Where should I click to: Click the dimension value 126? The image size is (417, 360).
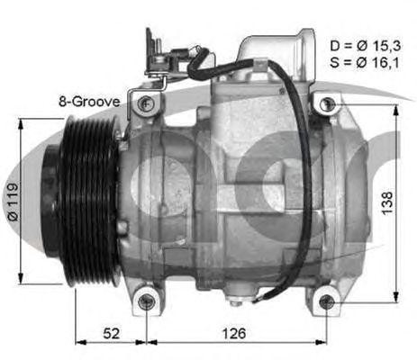tap(233, 334)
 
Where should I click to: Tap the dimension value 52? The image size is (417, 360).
tap(111, 334)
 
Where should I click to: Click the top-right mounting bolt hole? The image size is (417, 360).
tap(325, 103)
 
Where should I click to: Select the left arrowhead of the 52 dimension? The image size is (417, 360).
tap(79, 343)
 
